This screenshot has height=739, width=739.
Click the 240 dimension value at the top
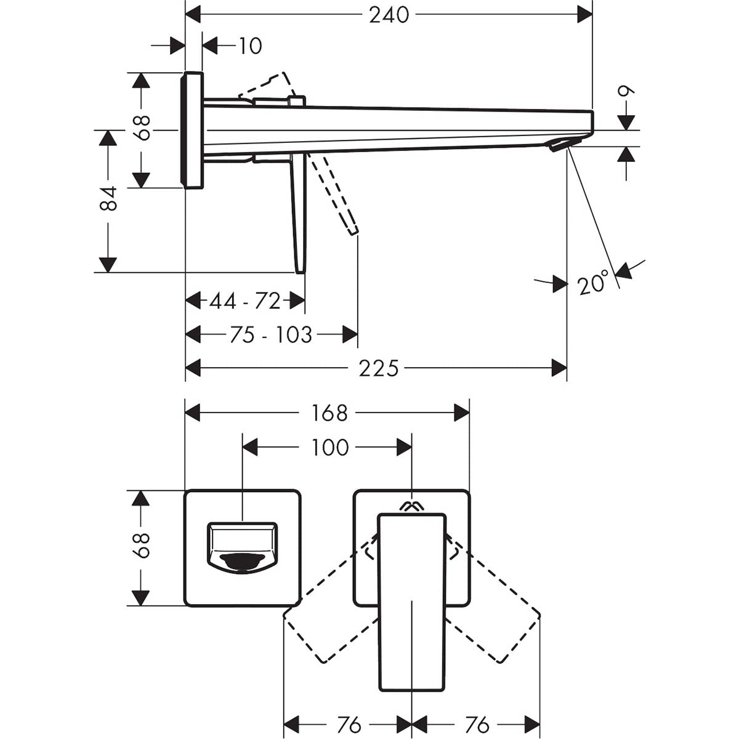pos(389,15)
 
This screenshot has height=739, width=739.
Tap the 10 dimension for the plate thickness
pos(250,46)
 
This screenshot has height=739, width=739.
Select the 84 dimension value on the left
pos(108,199)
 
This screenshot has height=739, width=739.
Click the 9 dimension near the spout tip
pos(626,94)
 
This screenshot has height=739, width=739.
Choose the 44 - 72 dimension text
pos(245,301)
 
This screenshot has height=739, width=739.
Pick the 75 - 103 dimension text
pos(271,335)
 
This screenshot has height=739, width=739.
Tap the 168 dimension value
pos(329,413)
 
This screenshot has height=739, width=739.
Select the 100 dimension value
pos(329,447)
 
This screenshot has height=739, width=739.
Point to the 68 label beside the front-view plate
pos(142,545)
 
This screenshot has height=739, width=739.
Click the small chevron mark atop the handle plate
pos(411,506)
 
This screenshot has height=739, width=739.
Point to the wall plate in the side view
pos(192,129)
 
